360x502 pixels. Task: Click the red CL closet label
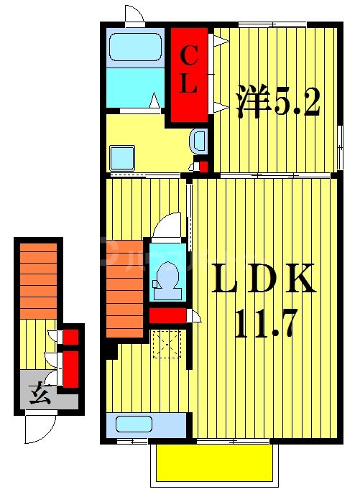coord(188,70)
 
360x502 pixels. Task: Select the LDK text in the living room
coord(262,280)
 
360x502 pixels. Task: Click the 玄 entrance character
coord(40,395)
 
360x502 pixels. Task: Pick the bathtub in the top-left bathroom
coord(134,48)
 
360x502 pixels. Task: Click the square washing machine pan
coord(122,156)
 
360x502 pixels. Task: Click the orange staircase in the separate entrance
coord(37,280)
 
